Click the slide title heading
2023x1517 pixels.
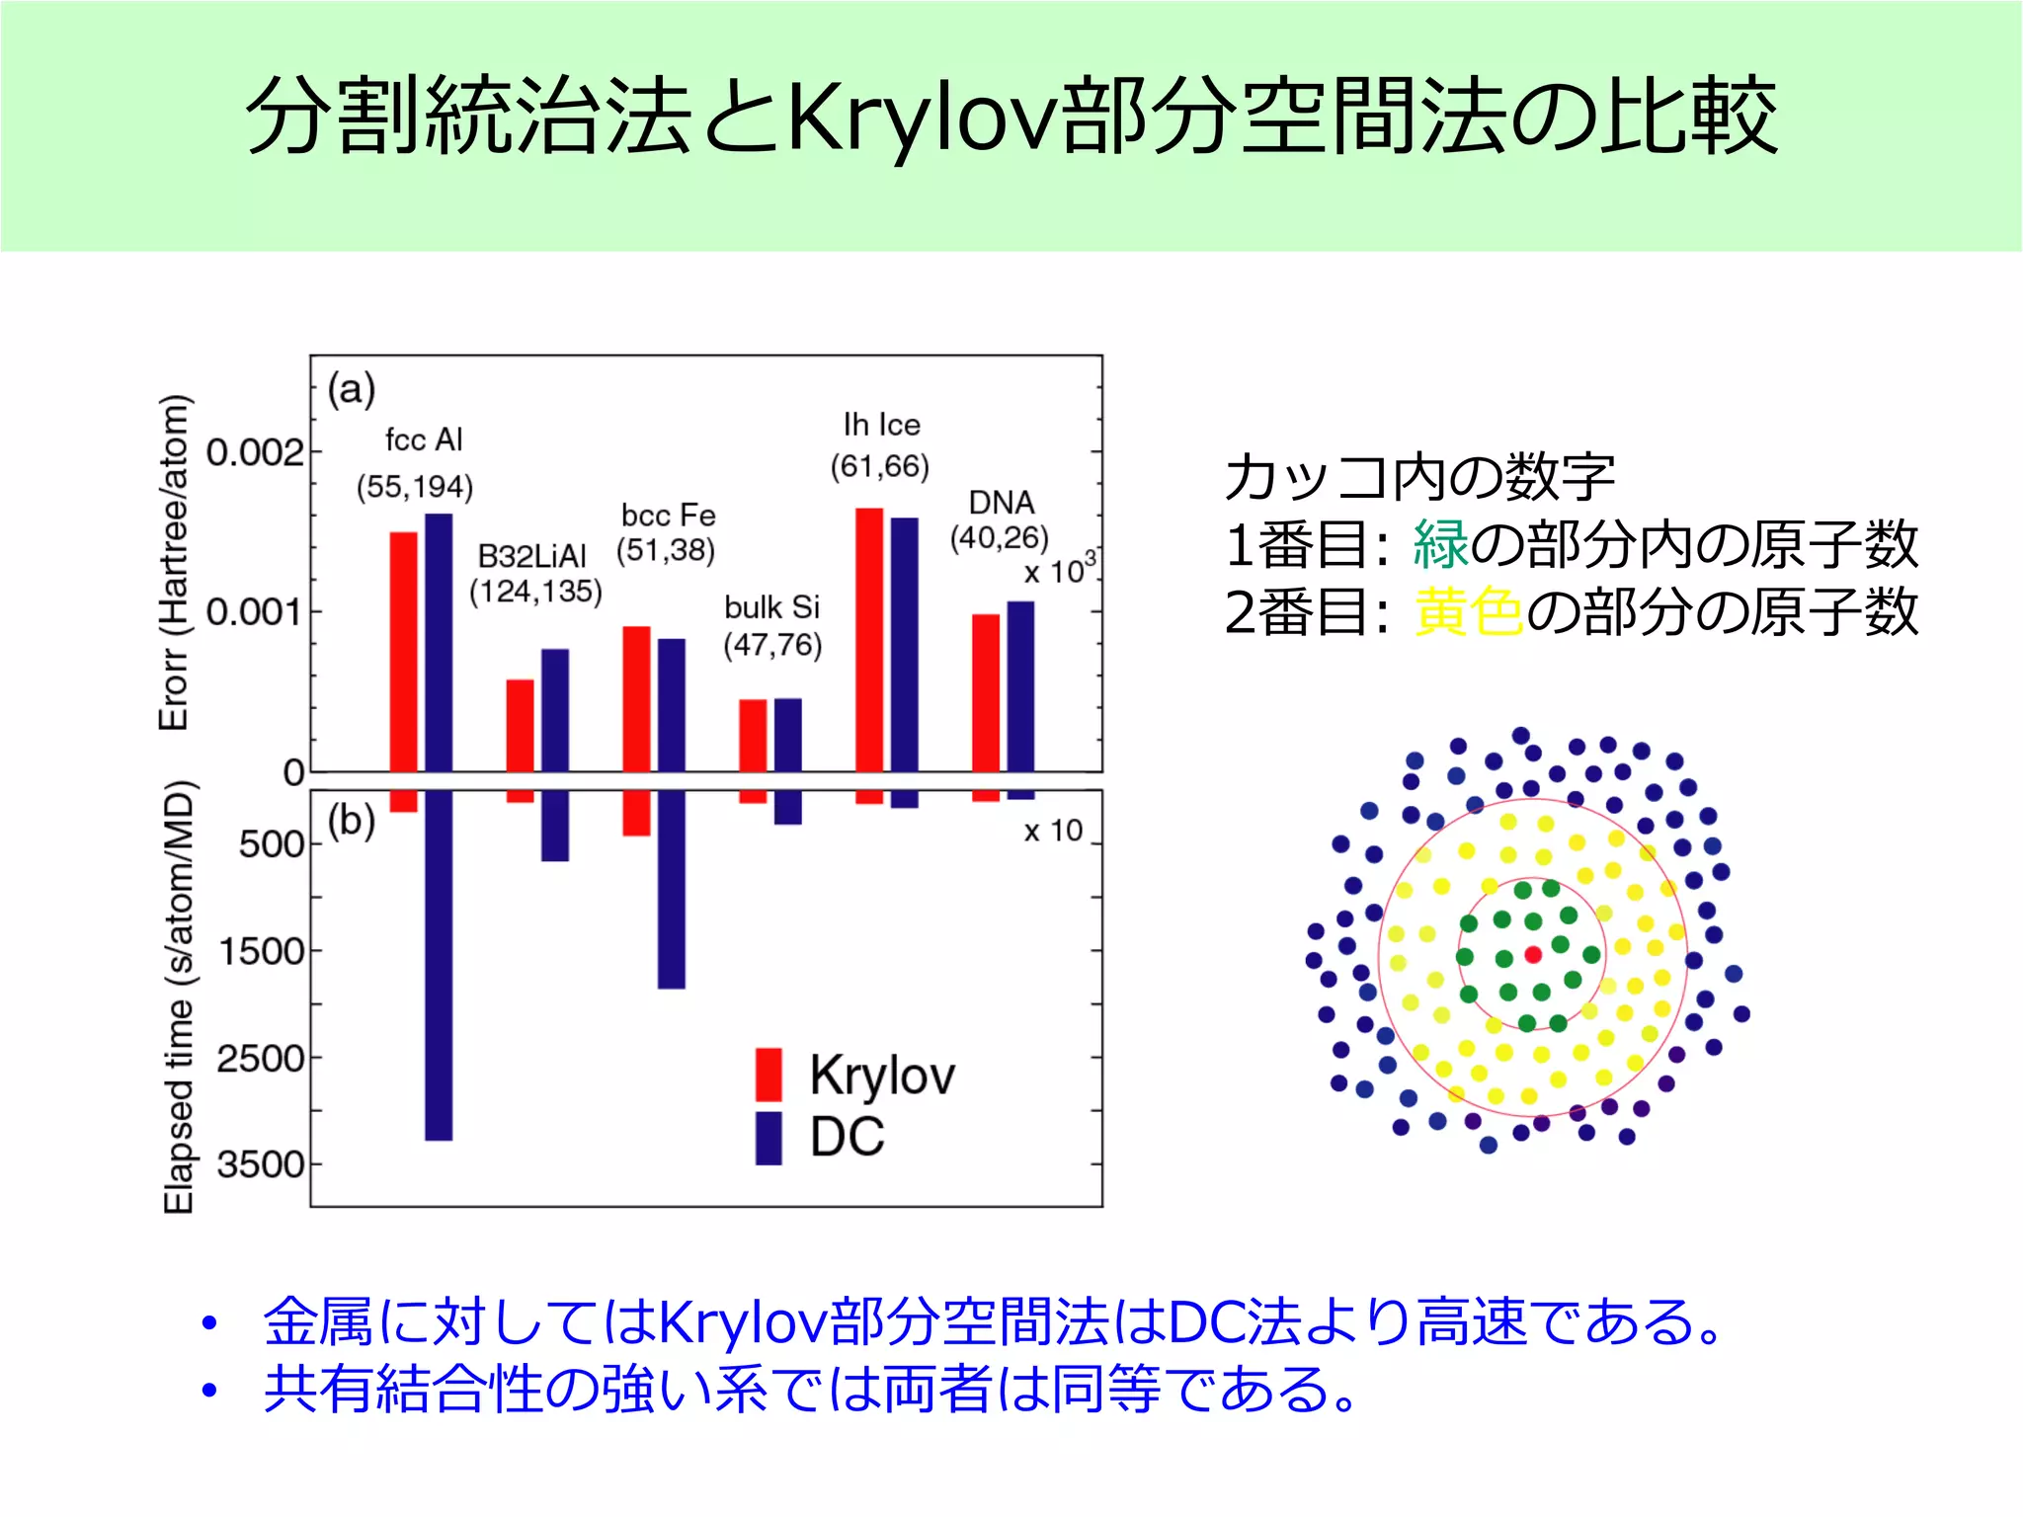coord(1011,117)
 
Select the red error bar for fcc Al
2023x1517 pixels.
coord(403,652)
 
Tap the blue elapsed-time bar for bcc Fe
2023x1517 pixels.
coord(672,889)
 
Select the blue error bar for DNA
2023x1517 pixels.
coord(1020,686)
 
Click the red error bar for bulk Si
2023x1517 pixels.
coord(753,736)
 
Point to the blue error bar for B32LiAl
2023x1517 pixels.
coord(555,710)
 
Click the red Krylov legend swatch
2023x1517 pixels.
coord(769,1075)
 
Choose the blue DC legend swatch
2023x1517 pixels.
coord(769,1138)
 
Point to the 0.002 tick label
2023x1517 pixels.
coord(255,453)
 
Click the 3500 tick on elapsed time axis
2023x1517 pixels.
coord(262,1165)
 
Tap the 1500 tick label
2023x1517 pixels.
coord(262,952)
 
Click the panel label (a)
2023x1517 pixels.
coord(352,389)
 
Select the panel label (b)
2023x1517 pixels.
coord(352,821)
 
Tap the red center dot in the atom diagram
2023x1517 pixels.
coord(1533,955)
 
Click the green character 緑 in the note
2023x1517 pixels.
coord(1440,544)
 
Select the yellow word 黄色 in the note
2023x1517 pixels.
coord(1468,612)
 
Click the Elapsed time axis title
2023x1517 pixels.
coord(179,998)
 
